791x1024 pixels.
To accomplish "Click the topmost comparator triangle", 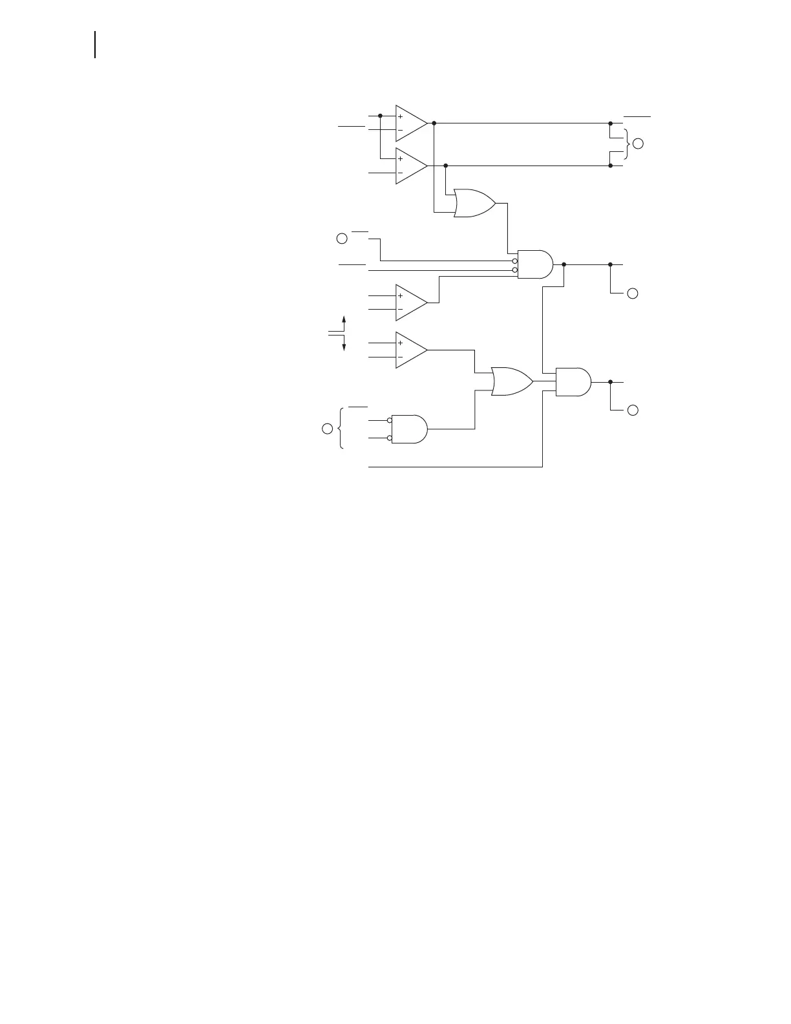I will (410, 123).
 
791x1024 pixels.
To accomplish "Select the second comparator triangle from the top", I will (410, 165).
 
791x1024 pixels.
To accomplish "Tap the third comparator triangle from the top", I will (410, 302).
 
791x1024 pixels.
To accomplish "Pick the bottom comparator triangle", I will (410, 350).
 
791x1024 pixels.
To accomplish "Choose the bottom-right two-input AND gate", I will (573, 382).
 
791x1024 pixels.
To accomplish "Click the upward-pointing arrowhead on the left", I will (344, 319).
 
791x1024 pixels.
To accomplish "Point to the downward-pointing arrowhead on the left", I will (344, 347).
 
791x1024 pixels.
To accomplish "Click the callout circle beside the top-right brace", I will (638, 144).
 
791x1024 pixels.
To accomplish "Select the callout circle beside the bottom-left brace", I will (328, 428).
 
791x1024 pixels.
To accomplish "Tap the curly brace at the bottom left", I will (340, 428).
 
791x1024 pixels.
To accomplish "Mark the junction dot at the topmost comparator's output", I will (434, 123).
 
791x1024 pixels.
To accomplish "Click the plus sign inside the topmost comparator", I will (401, 116).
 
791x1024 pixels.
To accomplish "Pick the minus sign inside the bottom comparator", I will (401, 357).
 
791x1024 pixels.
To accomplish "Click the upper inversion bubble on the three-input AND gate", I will (515, 261).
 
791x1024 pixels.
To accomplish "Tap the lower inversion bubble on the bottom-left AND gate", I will (390, 438).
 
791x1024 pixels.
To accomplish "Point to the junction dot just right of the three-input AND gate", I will (564, 264).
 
